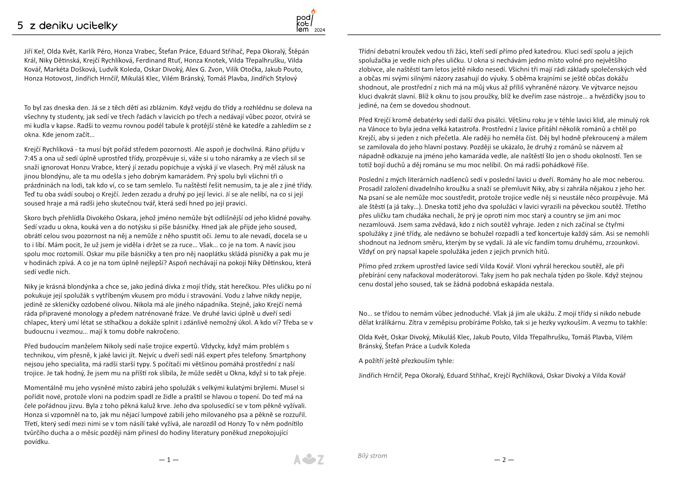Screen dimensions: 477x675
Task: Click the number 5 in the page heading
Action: (20, 26)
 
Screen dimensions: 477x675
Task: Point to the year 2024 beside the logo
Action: (319, 30)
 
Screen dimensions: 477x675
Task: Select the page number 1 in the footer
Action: (169, 460)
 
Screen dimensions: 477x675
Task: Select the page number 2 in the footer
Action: (504, 460)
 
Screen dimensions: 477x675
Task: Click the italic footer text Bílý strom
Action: (372, 456)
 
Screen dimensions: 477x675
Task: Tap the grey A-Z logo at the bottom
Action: (308, 459)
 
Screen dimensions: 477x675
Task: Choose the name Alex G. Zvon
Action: (206, 69)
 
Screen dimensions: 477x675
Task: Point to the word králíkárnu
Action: (388, 322)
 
